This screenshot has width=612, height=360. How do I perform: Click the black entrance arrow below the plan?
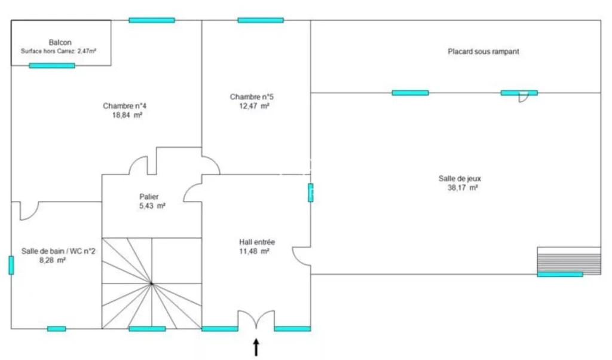click(256, 347)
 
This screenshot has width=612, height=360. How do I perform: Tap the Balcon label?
click(60, 42)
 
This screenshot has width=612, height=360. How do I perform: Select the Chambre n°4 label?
click(125, 106)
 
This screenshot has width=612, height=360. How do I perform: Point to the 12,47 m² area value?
click(254, 106)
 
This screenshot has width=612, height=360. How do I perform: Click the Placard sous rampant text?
click(483, 51)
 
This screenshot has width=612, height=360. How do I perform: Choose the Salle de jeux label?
click(460, 178)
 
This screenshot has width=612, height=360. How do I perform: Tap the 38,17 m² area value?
click(463, 188)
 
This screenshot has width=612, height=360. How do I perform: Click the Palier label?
click(149, 197)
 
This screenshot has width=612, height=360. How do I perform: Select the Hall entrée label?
click(257, 242)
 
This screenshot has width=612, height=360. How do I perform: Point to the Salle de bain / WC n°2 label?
click(58, 251)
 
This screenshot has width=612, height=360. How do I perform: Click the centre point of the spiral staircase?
click(151, 283)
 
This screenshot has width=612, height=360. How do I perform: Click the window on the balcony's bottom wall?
click(52, 66)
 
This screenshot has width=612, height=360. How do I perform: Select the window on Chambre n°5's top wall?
click(261, 20)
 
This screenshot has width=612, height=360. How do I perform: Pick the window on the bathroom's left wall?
click(11, 265)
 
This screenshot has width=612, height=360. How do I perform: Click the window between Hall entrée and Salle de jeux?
click(310, 193)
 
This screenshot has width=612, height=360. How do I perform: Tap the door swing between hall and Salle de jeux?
click(301, 256)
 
